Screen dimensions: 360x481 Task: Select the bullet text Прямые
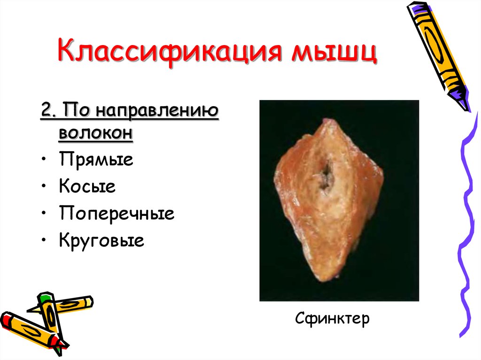(x=96, y=160)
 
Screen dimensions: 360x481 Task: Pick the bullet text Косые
(x=87, y=187)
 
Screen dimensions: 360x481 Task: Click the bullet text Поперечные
(x=117, y=214)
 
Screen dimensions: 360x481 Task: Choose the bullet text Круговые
(x=101, y=241)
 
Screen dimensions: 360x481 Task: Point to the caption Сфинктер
(x=333, y=319)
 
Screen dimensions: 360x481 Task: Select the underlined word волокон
(x=96, y=133)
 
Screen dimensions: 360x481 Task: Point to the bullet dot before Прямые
(x=44, y=160)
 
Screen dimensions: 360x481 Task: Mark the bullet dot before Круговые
(x=44, y=241)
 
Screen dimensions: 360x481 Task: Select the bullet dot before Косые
(x=44, y=187)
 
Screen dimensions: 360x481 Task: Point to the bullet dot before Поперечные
(x=44, y=214)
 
